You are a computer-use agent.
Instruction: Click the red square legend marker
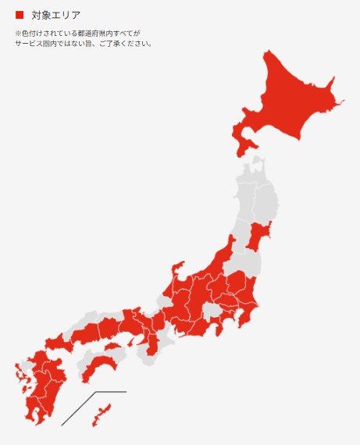tap(20, 15)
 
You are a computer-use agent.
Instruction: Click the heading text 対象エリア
tap(56, 15)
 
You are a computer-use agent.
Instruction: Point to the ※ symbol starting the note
tap(18, 34)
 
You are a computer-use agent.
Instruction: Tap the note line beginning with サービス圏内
tap(83, 44)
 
